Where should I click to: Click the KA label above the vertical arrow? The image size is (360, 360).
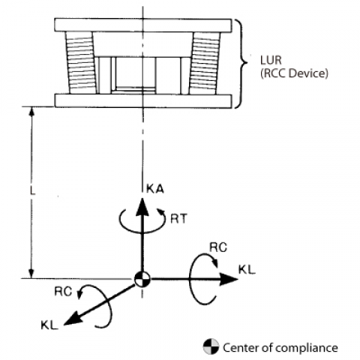point(155,189)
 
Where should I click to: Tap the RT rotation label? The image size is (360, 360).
point(178,219)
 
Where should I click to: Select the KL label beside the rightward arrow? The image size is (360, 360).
point(247,270)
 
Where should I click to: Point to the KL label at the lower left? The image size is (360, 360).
point(49,325)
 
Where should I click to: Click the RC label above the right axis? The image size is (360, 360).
point(218,247)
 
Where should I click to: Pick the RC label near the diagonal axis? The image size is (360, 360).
point(63,292)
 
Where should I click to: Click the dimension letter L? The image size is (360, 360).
point(32,191)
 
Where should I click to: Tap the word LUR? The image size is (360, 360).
point(271,60)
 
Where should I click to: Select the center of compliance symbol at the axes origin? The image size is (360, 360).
point(142,279)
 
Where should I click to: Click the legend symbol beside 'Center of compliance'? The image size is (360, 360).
point(211,346)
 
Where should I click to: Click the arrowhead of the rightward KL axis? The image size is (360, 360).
point(229,279)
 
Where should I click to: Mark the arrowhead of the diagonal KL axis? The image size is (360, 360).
point(73,319)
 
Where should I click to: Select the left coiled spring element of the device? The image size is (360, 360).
point(81,63)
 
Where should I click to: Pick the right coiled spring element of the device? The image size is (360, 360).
point(205,63)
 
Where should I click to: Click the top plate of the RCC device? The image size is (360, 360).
point(143,25)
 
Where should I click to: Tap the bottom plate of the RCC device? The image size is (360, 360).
point(143,100)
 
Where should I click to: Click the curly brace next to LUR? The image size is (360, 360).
point(241,64)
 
